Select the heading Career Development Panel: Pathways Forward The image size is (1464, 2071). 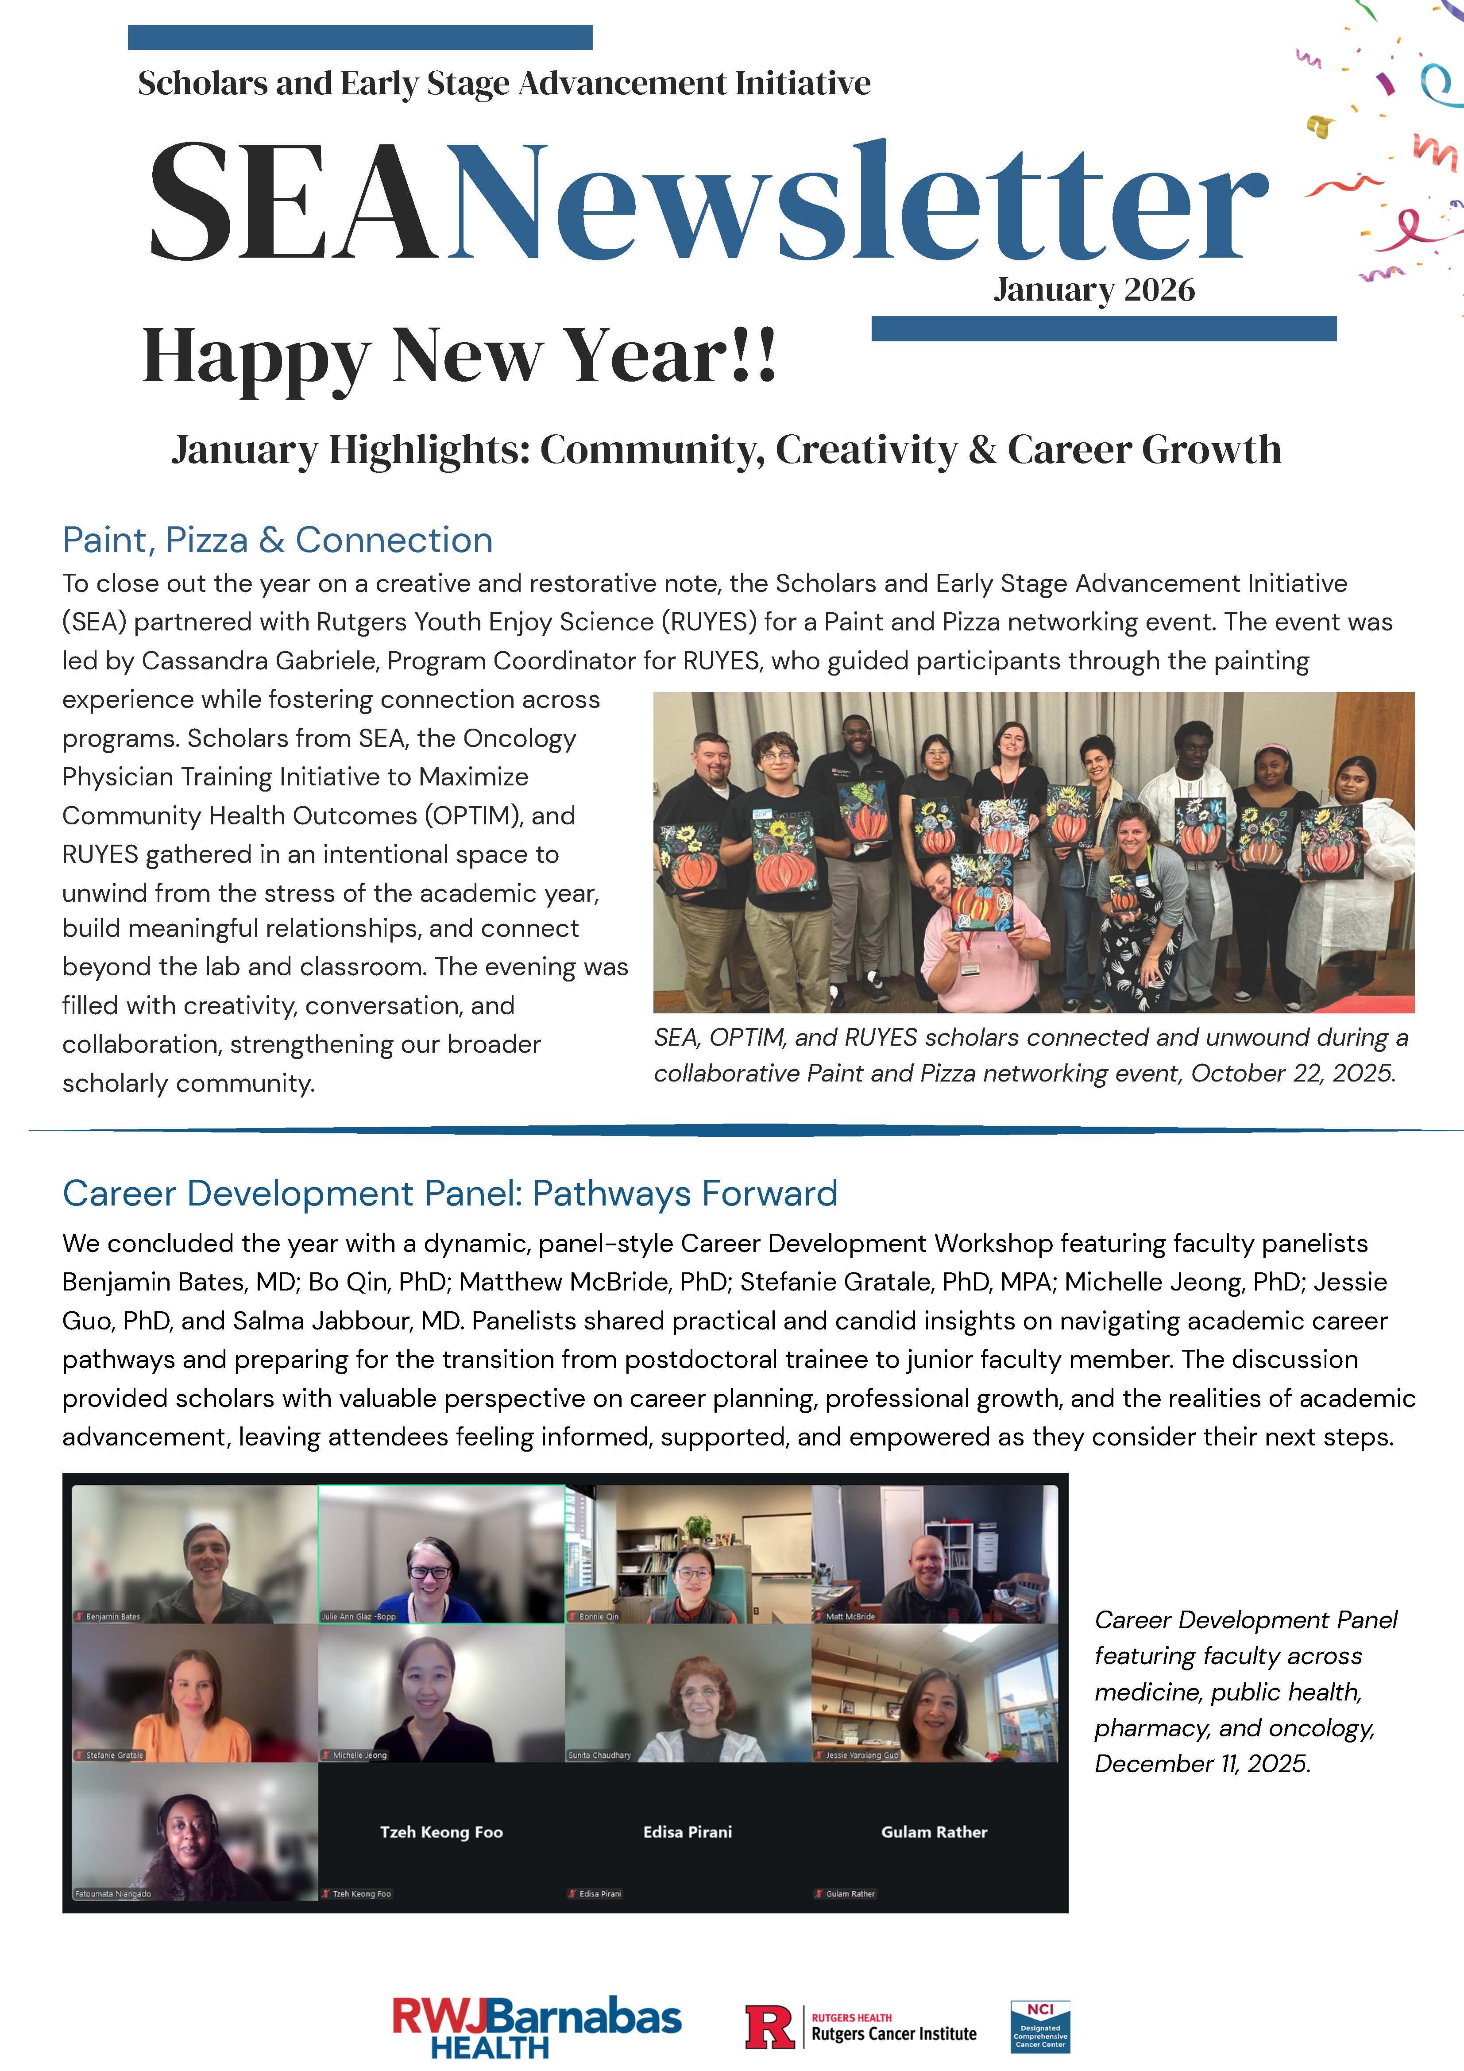(x=449, y=1194)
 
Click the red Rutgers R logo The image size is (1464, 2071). (x=769, y=2026)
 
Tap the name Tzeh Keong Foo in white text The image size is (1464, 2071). (x=441, y=1832)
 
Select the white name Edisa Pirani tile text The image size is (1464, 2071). (x=688, y=1832)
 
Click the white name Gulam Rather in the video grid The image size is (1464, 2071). (x=934, y=1832)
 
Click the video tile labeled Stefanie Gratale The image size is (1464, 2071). (x=195, y=1692)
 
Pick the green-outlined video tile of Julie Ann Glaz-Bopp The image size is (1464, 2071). (x=441, y=1553)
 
